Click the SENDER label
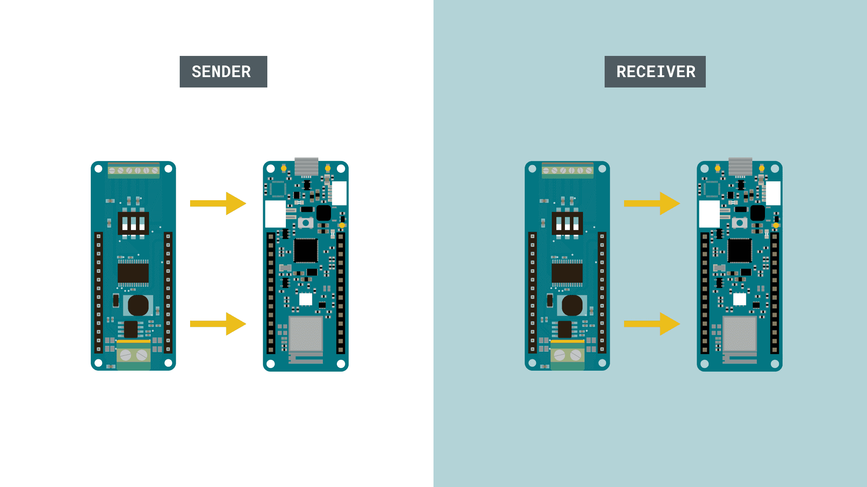[x=223, y=72]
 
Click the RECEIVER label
[x=655, y=72]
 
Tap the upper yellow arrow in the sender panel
[x=218, y=203]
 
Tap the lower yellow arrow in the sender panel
[x=218, y=324]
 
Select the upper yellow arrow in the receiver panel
[x=652, y=203]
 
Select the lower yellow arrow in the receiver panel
[x=652, y=324]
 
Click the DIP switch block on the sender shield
[x=133, y=223]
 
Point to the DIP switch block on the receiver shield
[x=567, y=223]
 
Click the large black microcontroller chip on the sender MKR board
[x=306, y=250]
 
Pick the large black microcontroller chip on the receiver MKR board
[x=740, y=250]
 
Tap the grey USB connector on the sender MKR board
[x=306, y=166]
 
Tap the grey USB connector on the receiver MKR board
[x=740, y=166]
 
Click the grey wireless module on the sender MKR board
[x=306, y=334]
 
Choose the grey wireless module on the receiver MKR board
[x=740, y=334]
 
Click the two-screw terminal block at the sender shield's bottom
[x=133, y=355]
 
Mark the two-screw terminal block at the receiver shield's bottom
[x=567, y=355]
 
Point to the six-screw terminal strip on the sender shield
[x=133, y=170]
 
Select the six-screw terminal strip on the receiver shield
[x=567, y=170]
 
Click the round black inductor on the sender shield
[x=138, y=306]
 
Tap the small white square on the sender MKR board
[x=306, y=299]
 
